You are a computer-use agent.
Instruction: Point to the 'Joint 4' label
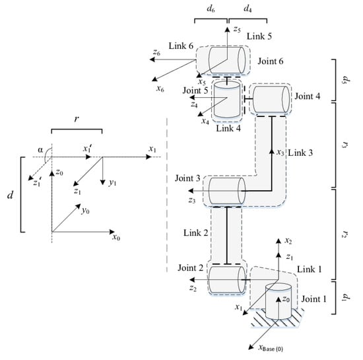point(308,96)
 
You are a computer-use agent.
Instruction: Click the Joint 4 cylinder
point(269,101)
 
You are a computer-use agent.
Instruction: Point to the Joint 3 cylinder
point(226,192)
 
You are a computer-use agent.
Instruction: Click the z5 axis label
point(237,29)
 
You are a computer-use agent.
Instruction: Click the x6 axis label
point(160,87)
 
